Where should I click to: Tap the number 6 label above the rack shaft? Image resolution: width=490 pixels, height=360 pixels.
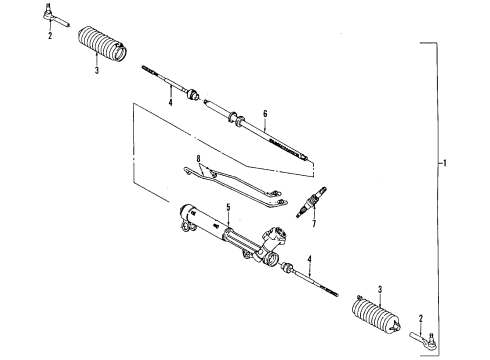(x=266, y=114)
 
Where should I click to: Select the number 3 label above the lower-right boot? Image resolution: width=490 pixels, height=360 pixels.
(x=380, y=291)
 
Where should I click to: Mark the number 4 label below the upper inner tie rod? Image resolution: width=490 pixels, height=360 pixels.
(x=170, y=103)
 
